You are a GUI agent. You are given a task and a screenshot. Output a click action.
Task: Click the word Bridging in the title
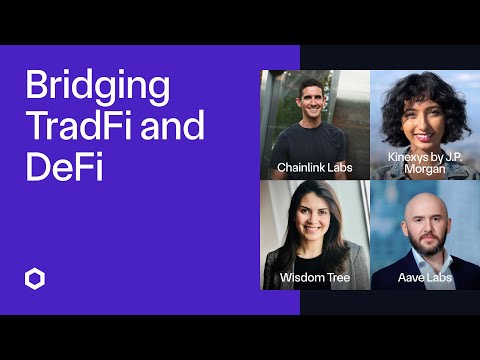click(97, 88)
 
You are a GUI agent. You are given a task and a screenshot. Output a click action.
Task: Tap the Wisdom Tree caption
click(314, 277)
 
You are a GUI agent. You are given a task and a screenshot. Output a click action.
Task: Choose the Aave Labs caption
click(425, 277)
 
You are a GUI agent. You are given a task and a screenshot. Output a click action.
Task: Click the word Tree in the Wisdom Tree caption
click(335, 277)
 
